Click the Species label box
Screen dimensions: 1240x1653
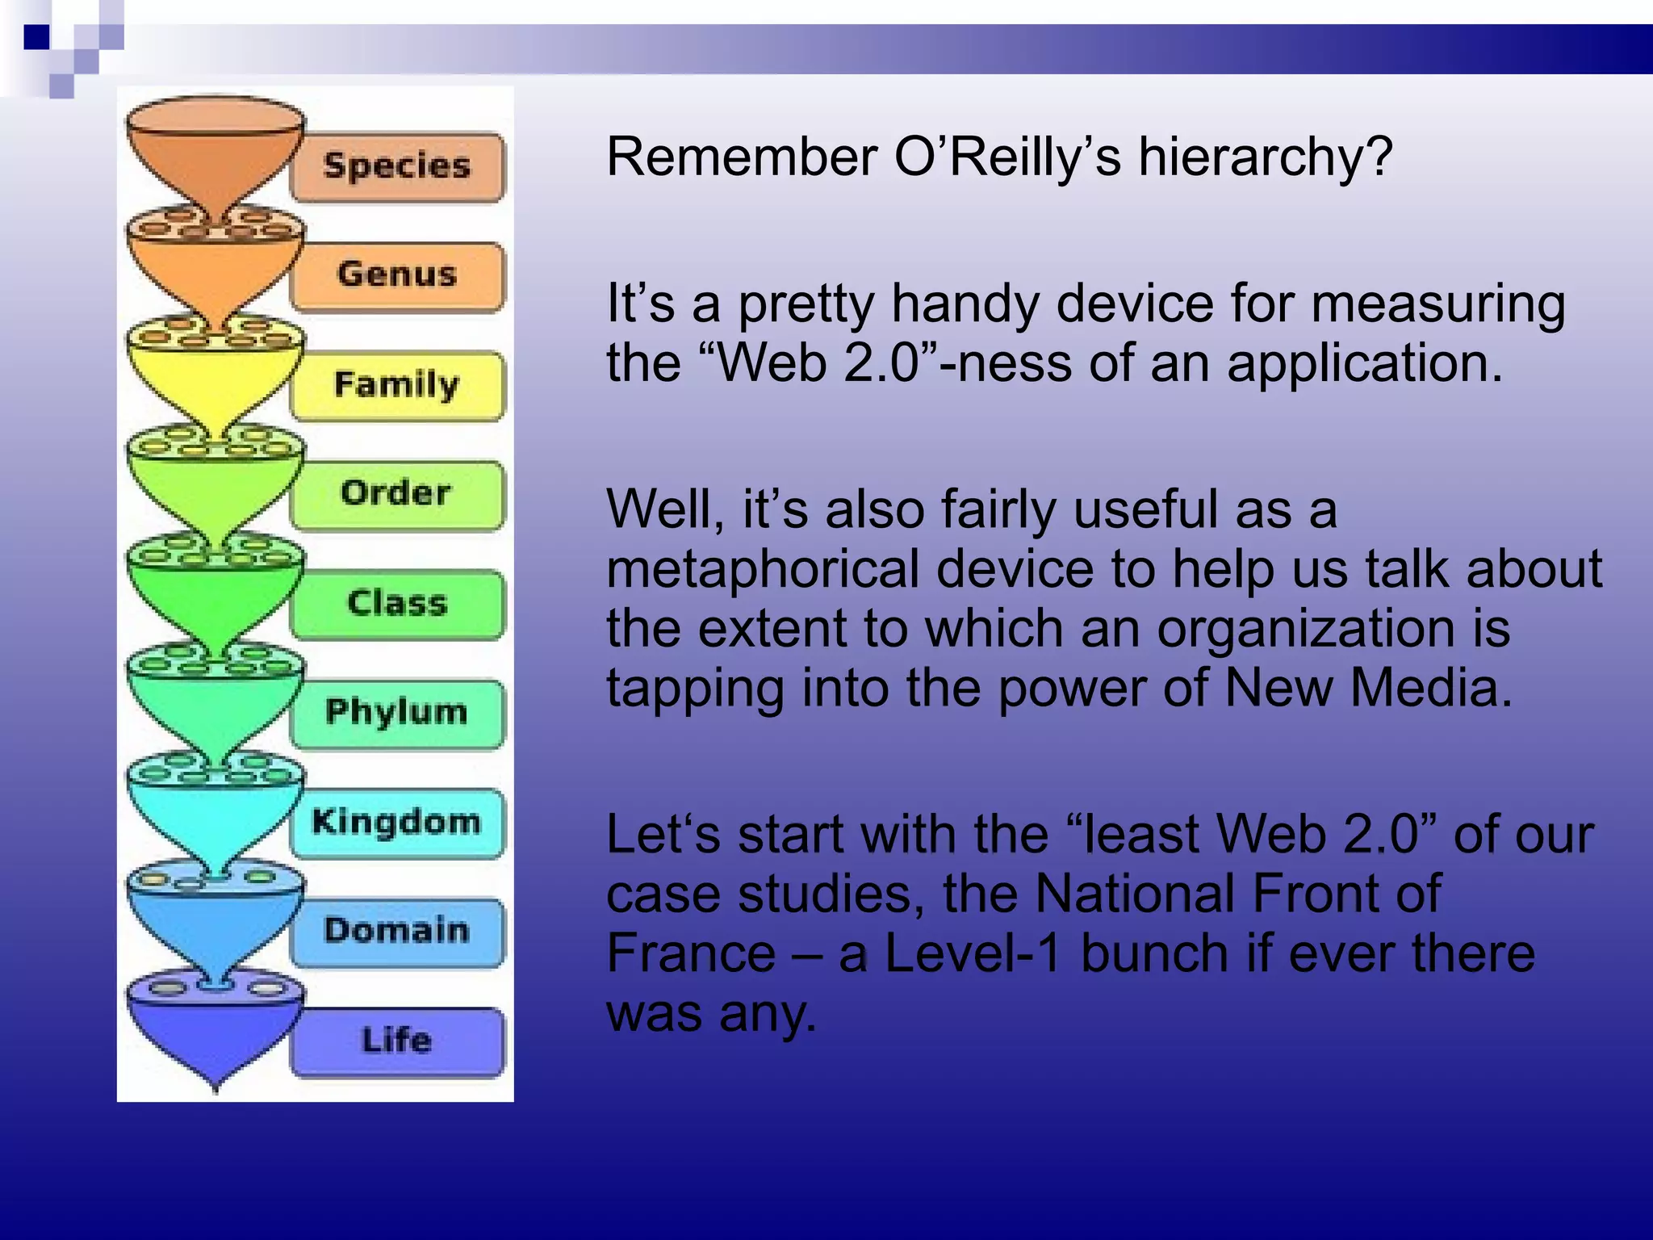click(397, 167)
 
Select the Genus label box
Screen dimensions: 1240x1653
click(397, 275)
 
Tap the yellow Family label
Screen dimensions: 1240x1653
click(397, 385)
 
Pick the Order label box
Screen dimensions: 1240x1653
click(397, 494)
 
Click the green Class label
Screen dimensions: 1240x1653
click(397, 604)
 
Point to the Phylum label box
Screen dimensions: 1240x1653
click(397, 713)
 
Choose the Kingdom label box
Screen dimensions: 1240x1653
click(397, 823)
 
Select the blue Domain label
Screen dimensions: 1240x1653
click(397, 932)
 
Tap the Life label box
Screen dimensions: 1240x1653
click(397, 1041)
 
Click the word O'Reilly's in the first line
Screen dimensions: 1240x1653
click(1007, 157)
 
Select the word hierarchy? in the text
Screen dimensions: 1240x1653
click(1266, 158)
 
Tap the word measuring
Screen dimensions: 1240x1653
click(1437, 305)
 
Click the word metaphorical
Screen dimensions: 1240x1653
click(762, 570)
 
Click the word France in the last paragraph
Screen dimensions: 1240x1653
click(691, 953)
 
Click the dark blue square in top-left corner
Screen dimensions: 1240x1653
click(37, 37)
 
